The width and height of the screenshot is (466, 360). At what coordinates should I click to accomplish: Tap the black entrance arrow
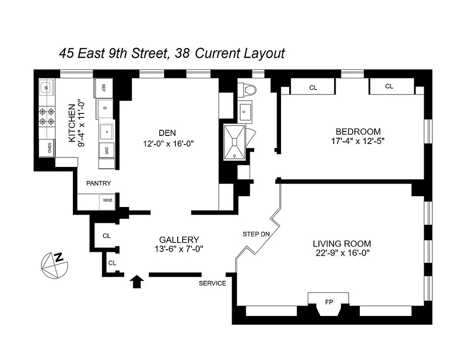coord(137,282)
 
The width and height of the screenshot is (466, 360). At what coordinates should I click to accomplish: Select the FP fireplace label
coord(329,302)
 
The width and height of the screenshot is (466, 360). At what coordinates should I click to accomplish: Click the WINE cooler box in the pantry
coord(108,200)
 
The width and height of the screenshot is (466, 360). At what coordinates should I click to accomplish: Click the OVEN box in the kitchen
coord(47,148)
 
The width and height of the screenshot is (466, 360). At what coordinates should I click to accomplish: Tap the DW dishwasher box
coord(107,150)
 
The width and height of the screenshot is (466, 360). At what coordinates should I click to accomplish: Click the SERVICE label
coord(212,283)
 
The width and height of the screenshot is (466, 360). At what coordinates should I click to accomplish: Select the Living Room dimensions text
coord(342,253)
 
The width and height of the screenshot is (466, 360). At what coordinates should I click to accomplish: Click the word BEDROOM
coord(358,131)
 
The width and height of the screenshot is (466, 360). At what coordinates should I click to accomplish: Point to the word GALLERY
coord(179,240)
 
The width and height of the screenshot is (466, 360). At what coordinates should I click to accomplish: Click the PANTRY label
coord(99,183)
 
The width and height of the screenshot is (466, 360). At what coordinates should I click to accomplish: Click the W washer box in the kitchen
coord(46,87)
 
